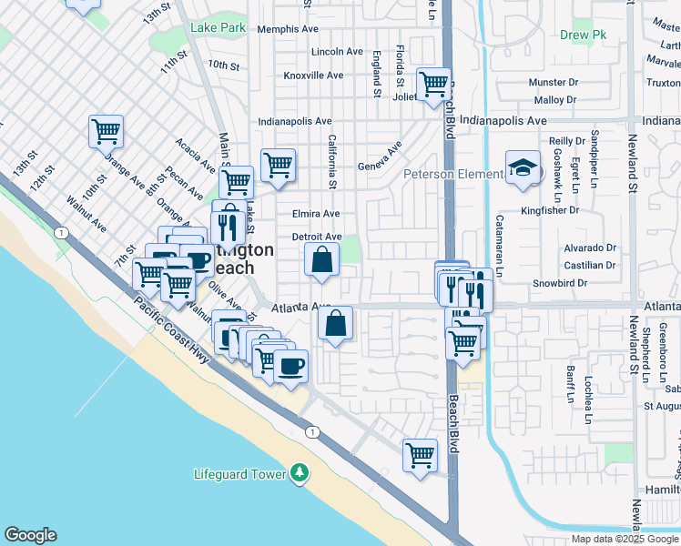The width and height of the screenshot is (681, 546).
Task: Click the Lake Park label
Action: (x=218, y=28)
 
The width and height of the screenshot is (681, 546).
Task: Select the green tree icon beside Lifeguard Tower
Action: (x=299, y=474)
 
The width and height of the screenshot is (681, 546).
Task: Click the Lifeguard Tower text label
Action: (x=240, y=474)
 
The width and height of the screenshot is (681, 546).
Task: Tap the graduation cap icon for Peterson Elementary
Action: (x=523, y=168)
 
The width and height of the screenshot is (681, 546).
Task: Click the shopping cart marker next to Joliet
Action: (x=434, y=86)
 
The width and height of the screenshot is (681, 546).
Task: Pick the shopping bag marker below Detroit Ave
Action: (x=322, y=260)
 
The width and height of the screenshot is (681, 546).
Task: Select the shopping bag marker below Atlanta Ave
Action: (x=336, y=323)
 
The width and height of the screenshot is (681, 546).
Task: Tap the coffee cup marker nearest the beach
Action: (x=290, y=367)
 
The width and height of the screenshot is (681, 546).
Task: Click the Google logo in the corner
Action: (x=30, y=535)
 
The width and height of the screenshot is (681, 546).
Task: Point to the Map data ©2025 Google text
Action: (x=625, y=539)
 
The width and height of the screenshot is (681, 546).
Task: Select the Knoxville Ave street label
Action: (x=313, y=76)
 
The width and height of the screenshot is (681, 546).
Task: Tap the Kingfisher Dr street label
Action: (x=550, y=210)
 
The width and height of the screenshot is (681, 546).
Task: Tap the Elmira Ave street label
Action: (x=316, y=214)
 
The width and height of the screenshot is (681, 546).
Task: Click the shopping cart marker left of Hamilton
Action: (x=420, y=455)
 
